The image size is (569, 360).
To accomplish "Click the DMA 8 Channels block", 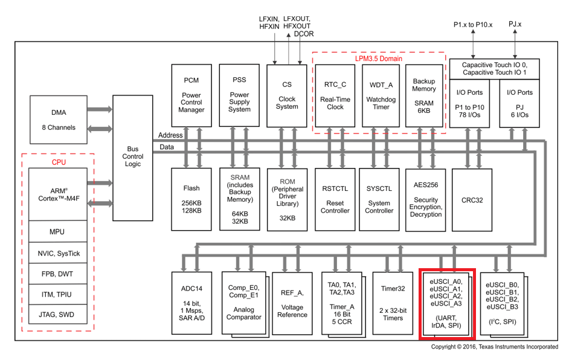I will point(59,120).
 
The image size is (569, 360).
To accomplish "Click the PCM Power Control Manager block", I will point(191,95).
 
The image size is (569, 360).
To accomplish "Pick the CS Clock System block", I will point(287,95).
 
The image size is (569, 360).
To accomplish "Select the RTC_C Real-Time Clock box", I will point(335,95).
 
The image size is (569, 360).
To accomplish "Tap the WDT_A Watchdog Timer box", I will point(381,95).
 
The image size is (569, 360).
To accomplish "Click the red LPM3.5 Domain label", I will point(378,59).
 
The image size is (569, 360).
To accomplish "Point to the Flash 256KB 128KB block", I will point(191,199).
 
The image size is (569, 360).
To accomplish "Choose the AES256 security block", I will point(426,199).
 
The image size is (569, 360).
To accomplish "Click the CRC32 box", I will point(472,199).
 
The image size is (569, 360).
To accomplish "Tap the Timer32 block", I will point(393,302).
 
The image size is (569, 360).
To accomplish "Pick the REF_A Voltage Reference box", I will point(292,302).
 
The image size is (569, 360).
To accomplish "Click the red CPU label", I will point(59,162).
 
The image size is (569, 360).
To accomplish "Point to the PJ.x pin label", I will point(515,24).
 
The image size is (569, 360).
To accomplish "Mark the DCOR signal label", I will point(304,34).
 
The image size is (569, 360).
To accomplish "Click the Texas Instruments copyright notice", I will point(495,347).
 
